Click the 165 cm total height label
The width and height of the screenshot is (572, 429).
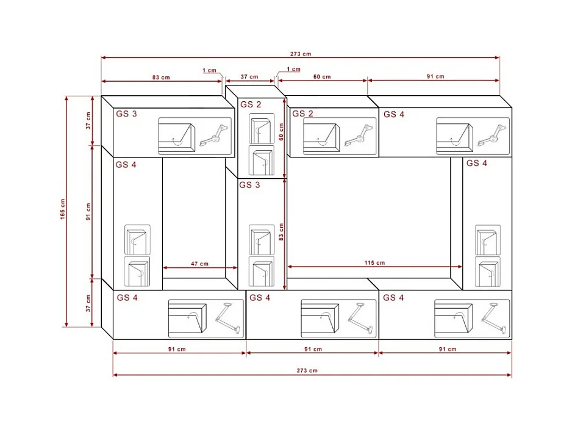click(63, 209)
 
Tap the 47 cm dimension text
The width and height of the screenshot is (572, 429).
click(199, 264)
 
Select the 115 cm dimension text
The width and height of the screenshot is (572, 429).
click(374, 263)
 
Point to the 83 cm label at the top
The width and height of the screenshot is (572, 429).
click(161, 78)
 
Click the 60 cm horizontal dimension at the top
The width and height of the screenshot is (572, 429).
click(322, 77)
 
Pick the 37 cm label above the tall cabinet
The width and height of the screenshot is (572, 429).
click(249, 77)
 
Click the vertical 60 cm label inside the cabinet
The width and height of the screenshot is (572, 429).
click(281, 132)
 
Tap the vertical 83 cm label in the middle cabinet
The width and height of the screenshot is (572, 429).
click(281, 232)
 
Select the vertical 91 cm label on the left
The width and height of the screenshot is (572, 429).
click(88, 212)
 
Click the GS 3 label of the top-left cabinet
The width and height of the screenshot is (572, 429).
click(127, 114)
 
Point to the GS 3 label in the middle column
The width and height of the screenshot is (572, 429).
click(249, 185)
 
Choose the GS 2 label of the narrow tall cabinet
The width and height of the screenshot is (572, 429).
click(251, 104)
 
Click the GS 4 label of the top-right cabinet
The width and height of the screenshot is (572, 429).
click(394, 114)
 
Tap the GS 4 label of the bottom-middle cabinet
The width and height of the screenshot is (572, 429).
click(260, 298)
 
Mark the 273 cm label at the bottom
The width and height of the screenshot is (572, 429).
click(307, 370)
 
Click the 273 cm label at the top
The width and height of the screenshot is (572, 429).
click(301, 54)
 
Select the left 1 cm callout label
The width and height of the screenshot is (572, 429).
click(209, 70)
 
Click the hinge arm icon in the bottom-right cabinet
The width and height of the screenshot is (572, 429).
click(493, 319)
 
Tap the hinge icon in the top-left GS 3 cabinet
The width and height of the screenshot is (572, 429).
click(215, 136)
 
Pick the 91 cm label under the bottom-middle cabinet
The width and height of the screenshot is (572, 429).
click(313, 349)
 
